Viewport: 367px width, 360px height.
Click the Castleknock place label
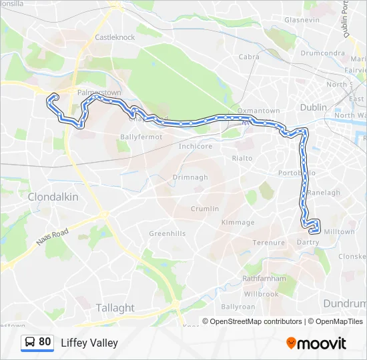tap(115, 37)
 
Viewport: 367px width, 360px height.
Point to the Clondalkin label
tap(53, 197)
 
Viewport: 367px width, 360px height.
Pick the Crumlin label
tap(204, 209)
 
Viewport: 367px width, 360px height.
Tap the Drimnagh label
tap(190, 177)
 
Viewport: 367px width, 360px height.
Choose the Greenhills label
tap(167, 233)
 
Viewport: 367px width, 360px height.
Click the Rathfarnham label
tap(264, 278)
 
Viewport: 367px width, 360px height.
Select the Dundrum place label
tap(344, 303)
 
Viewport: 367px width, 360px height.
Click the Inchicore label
tap(196, 146)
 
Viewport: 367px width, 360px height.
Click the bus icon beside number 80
tap(30, 342)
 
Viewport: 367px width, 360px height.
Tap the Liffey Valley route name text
tap(89, 343)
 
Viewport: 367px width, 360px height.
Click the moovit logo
tap(316, 343)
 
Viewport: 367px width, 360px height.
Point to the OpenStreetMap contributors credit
tap(256, 321)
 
